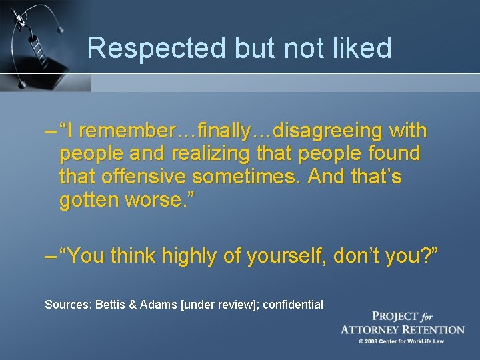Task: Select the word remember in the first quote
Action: (131, 131)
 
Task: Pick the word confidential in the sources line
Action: (293, 305)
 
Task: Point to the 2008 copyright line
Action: (402, 341)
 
